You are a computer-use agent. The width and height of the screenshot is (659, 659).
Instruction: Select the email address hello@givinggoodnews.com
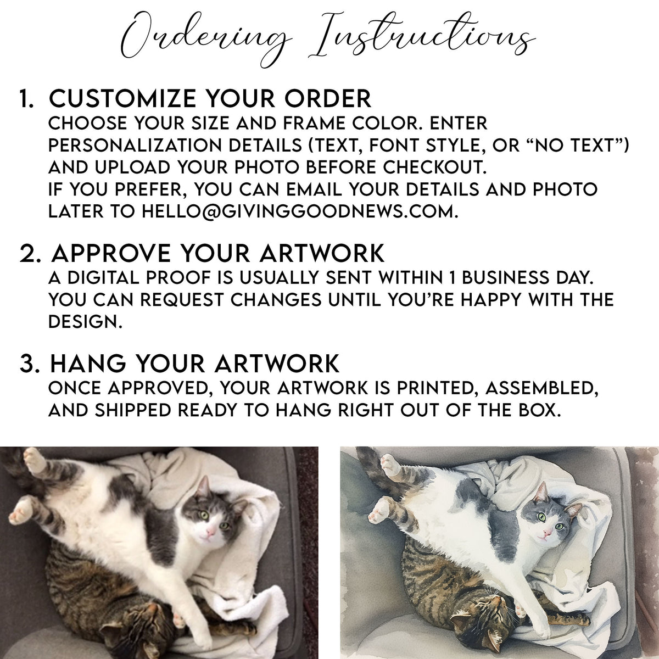point(299,211)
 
